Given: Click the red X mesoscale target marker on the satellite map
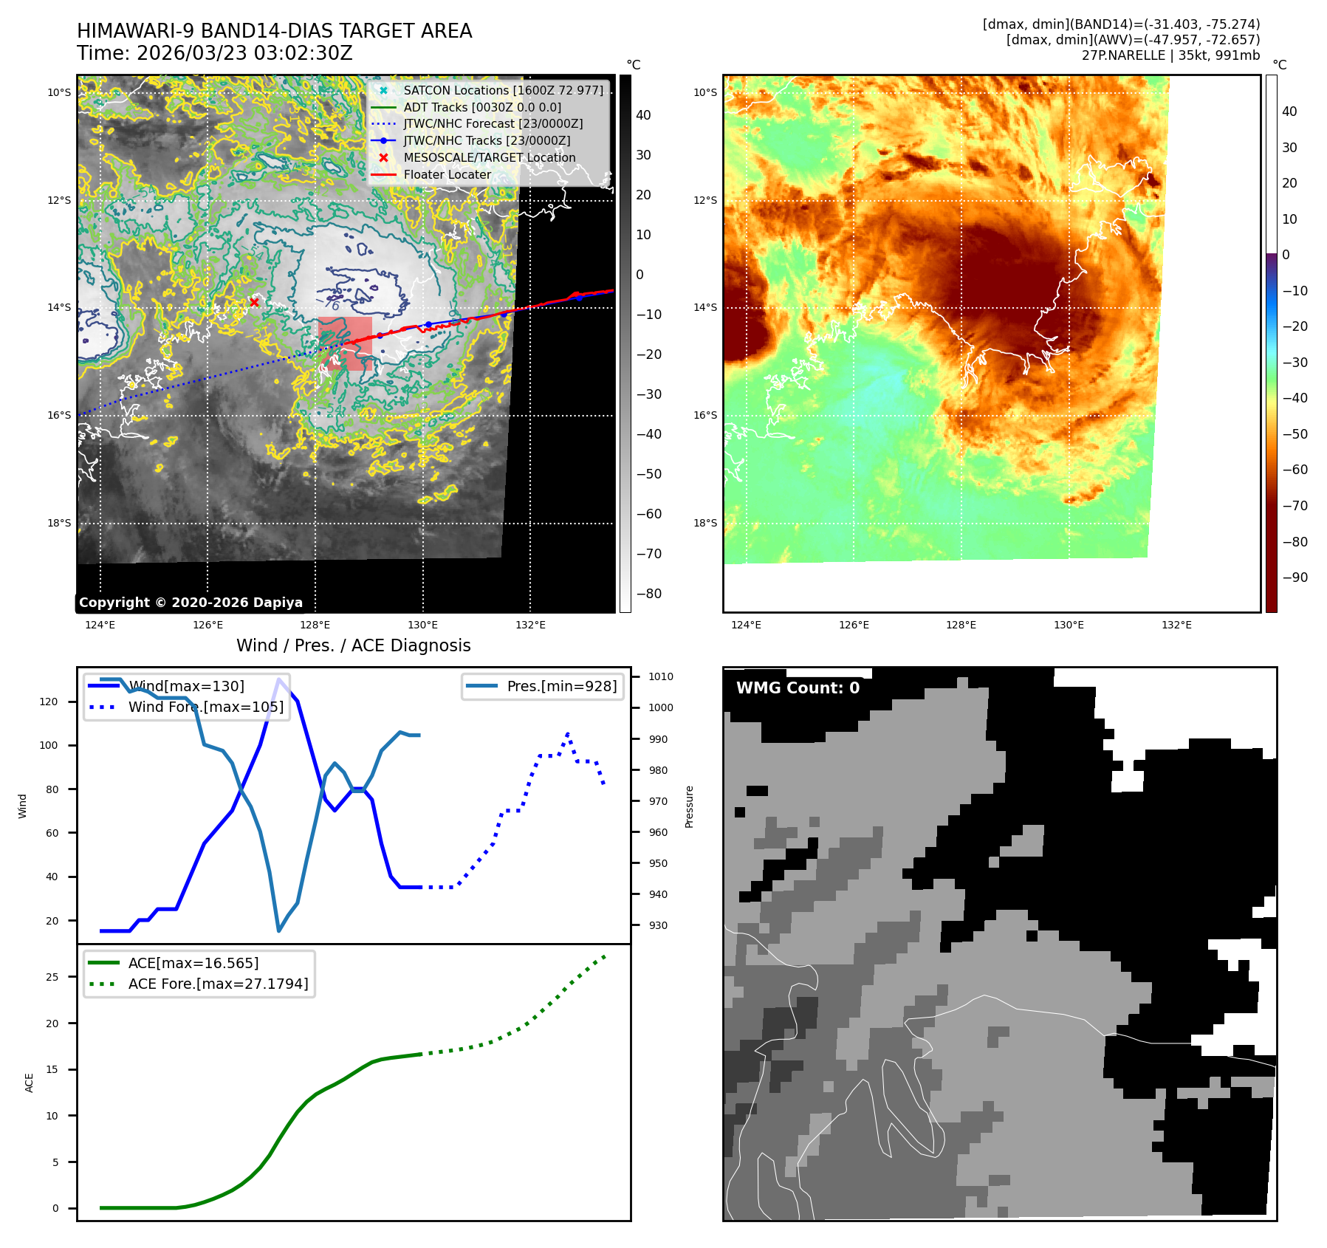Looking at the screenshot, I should (x=254, y=302).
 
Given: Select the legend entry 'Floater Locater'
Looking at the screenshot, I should (x=447, y=175).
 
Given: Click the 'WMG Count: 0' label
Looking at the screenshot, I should (x=798, y=688).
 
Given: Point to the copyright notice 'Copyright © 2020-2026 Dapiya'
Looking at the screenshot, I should (x=191, y=603).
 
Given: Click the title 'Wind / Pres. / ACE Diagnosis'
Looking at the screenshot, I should (x=353, y=645).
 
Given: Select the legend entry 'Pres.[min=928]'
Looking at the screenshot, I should (x=561, y=686).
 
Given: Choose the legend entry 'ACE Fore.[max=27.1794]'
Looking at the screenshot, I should (x=218, y=984).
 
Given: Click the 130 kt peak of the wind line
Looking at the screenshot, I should (x=278, y=679).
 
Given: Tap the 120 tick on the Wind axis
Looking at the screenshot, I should (x=49, y=702).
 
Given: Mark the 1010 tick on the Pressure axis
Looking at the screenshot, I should (x=661, y=676).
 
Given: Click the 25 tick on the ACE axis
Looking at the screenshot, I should (x=52, y=977).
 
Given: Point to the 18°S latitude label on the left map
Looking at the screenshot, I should (x=60, y=523).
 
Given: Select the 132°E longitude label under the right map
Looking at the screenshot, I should (x=1176, y=625).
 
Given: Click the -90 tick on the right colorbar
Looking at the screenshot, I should (x=1295, y=577).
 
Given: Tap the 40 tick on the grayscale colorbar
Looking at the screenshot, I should (x=643, y=115).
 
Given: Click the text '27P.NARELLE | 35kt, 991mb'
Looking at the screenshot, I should (x=1170, y=55).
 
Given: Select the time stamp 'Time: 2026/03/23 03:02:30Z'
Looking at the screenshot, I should (x=215, y=53).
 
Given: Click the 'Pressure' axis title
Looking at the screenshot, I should (x=690, y=806).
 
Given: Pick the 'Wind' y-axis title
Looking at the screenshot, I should (x=23, y=806).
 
